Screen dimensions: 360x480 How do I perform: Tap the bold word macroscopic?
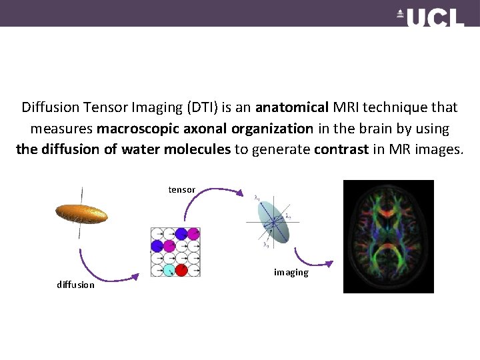tap(138, 128)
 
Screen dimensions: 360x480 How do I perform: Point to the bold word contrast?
tap(341, 149)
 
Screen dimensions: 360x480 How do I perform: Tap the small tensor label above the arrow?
tap(181, 190)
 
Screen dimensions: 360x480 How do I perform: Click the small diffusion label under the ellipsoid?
tap(75, 285)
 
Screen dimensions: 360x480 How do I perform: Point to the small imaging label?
tap(291, 273)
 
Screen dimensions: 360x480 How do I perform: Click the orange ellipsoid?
tap(81, 213)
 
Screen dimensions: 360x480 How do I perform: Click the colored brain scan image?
tap(388, 237)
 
